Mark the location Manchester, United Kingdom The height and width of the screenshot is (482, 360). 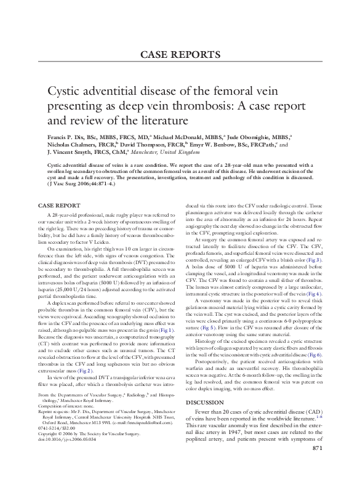[x=162, y=151]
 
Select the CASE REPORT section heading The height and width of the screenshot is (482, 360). [x=61, y=204]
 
